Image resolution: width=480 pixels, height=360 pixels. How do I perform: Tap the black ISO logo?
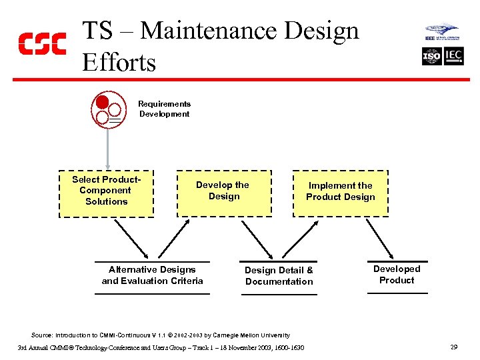point(432,57)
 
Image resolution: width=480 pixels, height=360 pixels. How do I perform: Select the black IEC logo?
point(453,57)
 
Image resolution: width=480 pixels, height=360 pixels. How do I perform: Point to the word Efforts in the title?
point(119,63)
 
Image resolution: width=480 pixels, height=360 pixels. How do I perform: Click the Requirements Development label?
point(164,109)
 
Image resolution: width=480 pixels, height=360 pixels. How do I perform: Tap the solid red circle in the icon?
point(102,103)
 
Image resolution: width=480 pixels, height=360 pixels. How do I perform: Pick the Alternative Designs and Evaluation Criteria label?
point(152,275)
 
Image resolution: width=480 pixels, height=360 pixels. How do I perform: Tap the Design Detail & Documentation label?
point(279,276)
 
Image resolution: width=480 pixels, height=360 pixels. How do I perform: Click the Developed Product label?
point(397,275)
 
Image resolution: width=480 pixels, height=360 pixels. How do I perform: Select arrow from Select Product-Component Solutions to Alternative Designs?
point(132,239)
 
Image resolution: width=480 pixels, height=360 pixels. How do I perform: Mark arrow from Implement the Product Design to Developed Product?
point(380,239)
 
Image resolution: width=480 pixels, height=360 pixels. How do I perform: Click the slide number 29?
point(453,347)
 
